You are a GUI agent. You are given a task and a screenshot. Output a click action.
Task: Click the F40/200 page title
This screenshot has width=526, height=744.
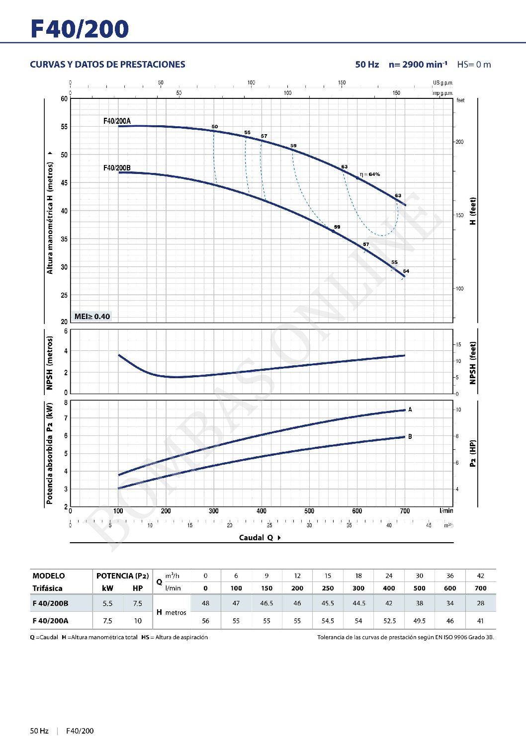(x=80, y=29)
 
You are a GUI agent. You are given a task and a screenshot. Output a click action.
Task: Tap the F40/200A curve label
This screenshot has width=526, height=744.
(x=117, y=121)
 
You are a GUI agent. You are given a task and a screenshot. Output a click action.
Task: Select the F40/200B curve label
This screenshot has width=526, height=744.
(x=117, y=168)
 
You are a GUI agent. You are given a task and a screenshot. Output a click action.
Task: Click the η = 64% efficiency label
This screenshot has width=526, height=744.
(x=370, y=174)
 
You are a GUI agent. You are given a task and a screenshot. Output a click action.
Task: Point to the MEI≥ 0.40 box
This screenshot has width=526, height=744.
(x=92, y=317)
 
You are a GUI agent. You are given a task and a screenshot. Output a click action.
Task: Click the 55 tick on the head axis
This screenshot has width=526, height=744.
(x=64, y=127)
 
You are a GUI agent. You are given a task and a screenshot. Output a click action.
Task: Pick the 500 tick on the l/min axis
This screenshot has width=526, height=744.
(x=309, y=511)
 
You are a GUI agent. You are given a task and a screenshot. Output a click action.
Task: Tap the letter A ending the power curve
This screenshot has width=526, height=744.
(x=410, y=410)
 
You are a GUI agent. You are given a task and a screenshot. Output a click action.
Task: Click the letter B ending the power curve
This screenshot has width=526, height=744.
(x=410, y=437)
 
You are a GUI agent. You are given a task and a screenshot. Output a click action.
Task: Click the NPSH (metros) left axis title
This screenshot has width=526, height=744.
(x=49, y=363)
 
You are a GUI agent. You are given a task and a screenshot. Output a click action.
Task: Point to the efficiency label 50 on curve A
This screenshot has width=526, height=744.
(x=215, y=127)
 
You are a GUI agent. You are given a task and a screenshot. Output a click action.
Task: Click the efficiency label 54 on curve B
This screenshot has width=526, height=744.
(x=406, y=271)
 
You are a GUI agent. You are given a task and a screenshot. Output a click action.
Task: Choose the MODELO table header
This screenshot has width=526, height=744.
(x=49, y=576)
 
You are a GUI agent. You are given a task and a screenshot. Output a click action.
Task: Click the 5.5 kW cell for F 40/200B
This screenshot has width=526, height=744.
(x=107, y=604)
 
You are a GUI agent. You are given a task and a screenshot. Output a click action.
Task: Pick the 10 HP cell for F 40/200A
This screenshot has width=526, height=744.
(x=138, y=621)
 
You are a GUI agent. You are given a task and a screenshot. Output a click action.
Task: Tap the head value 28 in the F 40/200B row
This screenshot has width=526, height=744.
(x=480, y=603)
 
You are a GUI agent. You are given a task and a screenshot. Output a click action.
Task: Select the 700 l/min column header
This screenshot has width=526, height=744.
(x=480, y=588)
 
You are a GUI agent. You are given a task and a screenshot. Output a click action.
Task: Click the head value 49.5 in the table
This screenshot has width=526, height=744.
(x=420, y=621)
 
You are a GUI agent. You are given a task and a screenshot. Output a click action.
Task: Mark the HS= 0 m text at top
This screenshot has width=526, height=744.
(x=474, y=65)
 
